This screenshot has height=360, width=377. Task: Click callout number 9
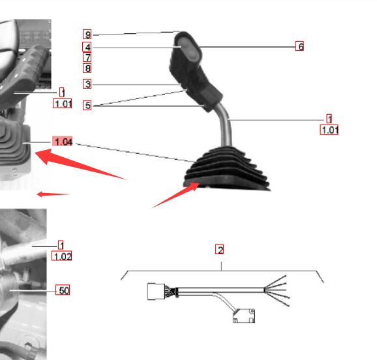pyautogui.click(x=87, y=35)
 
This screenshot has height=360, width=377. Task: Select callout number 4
pyautogui.click(x=87, y=47)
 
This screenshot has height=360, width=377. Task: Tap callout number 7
pyautogui.click(x=87, y=57)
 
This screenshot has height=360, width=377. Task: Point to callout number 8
pyautogui.click(x=87, y=68)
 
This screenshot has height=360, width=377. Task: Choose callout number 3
pyautogui.click(x=87, y=83)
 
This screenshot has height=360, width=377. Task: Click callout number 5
pyautogui.click(x=87, y=106)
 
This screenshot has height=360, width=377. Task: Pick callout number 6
pyautogui.click(x=299, y=46)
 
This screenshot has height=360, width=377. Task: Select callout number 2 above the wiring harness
pyautogui.click(x=219, y=249)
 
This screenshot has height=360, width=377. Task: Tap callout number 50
pyautogui.click(x=63, y=290)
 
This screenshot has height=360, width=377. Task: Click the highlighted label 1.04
pyautogui.click(x=63, y=141)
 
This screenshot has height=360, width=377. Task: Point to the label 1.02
pyautogui.click(x=62, y=256)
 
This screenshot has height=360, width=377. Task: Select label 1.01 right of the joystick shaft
pyautogui.click(x=329, y=130)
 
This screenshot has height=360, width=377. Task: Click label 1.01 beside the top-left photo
pyautogui.click(x=62, y=104)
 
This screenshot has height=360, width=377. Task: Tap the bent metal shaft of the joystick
pyautogui.click(x=226, y=125)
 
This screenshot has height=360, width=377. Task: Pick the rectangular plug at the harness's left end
pyautogui.click(x=156, y=292)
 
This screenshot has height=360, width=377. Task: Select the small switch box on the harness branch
pyautogui.click(x=244, y=316)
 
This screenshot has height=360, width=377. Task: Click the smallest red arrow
pyautogui.click(x=53, y=194)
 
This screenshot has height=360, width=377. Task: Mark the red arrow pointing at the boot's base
pyautogui.click(x=175, y=195)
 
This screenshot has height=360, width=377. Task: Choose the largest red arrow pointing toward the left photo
pyautogui.click(x=80, y=164)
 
